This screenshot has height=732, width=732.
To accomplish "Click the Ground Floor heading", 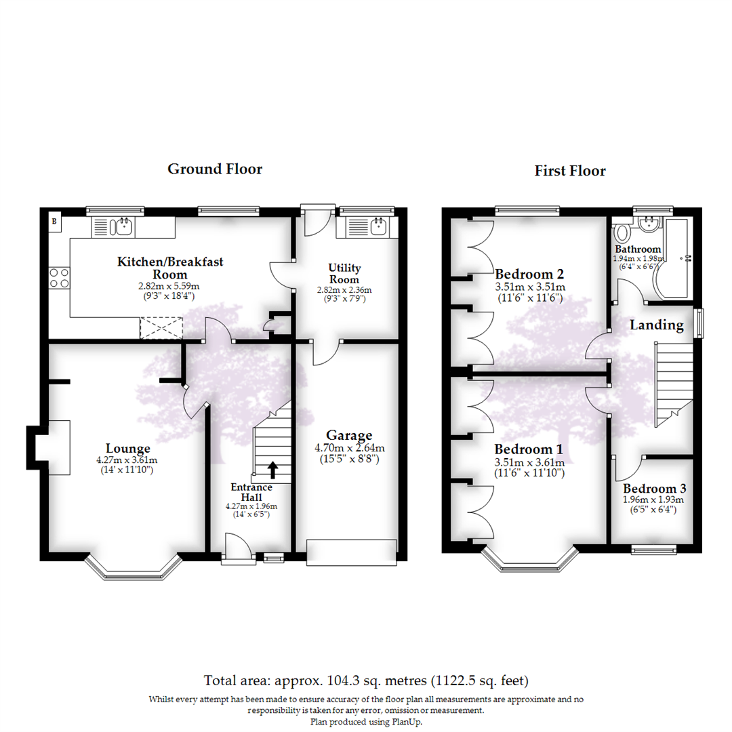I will tap(215, 169).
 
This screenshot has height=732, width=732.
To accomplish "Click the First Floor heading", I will tap(569, 171).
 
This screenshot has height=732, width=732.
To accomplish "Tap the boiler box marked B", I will tap(54, 221).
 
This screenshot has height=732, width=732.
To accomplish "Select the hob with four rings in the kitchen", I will tap(59, 278).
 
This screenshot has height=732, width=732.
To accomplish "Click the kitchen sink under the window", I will tap(124, 226).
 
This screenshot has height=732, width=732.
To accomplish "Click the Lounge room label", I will tap(127, 448).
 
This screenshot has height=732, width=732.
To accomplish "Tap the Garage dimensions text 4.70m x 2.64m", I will tap(350, 448).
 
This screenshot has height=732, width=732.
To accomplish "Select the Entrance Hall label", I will tap(251, 492).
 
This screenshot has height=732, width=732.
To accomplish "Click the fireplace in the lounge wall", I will tap(51, 447).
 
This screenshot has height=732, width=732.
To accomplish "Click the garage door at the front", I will tap(351, 551).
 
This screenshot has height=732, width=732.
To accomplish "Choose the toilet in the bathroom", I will tap(622, 234).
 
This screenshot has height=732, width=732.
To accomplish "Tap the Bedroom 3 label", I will tap(655, 489).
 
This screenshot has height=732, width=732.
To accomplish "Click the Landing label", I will tap(656, 325).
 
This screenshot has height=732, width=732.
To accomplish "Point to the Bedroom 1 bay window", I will tap(530, 562).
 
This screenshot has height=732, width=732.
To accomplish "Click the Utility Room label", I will tap(345, 274).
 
